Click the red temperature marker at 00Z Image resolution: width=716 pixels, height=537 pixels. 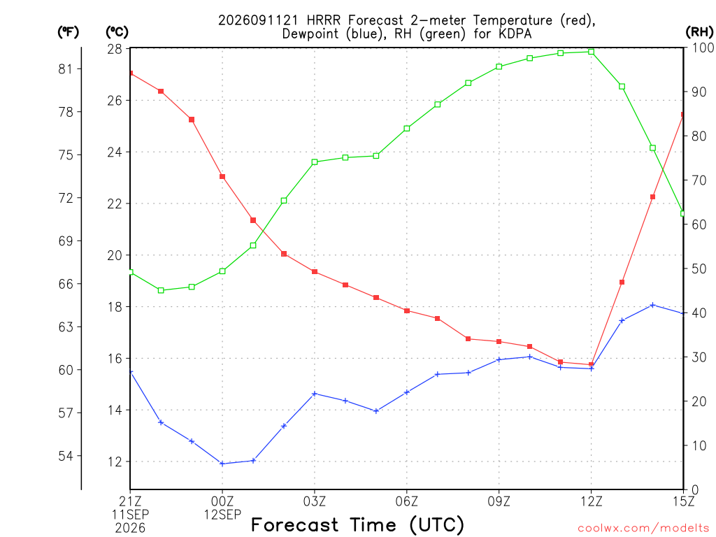point(222,177)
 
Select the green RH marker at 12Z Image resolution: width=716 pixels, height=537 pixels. point(592,52)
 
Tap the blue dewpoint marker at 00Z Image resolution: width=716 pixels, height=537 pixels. point(222,464)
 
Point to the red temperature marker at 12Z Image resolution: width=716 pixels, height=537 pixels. point(592,364)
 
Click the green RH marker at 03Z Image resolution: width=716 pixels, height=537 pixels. point(315,162)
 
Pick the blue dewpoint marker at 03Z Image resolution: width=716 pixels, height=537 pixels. point(315,394)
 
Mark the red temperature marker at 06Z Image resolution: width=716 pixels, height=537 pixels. point(407,311)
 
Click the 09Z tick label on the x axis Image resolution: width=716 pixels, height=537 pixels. point(499,501)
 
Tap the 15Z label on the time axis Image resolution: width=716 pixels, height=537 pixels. point(683,501)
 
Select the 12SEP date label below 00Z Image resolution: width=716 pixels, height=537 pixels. point(222,515)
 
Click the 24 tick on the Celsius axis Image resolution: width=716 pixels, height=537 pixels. point(115,152)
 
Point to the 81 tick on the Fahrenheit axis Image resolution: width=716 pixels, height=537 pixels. point(66,69)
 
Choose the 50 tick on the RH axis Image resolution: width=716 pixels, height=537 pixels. point(699,269)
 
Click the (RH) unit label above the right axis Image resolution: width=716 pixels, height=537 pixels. point(699,31)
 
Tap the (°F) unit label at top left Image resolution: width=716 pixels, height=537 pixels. point(68,32)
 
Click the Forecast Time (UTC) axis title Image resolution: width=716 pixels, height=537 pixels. point(357,525)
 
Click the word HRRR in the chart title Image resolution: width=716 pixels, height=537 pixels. point(323,20)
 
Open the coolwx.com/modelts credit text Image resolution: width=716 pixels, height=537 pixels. point(643,529)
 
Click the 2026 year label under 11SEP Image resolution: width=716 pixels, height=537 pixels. point(130,528)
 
